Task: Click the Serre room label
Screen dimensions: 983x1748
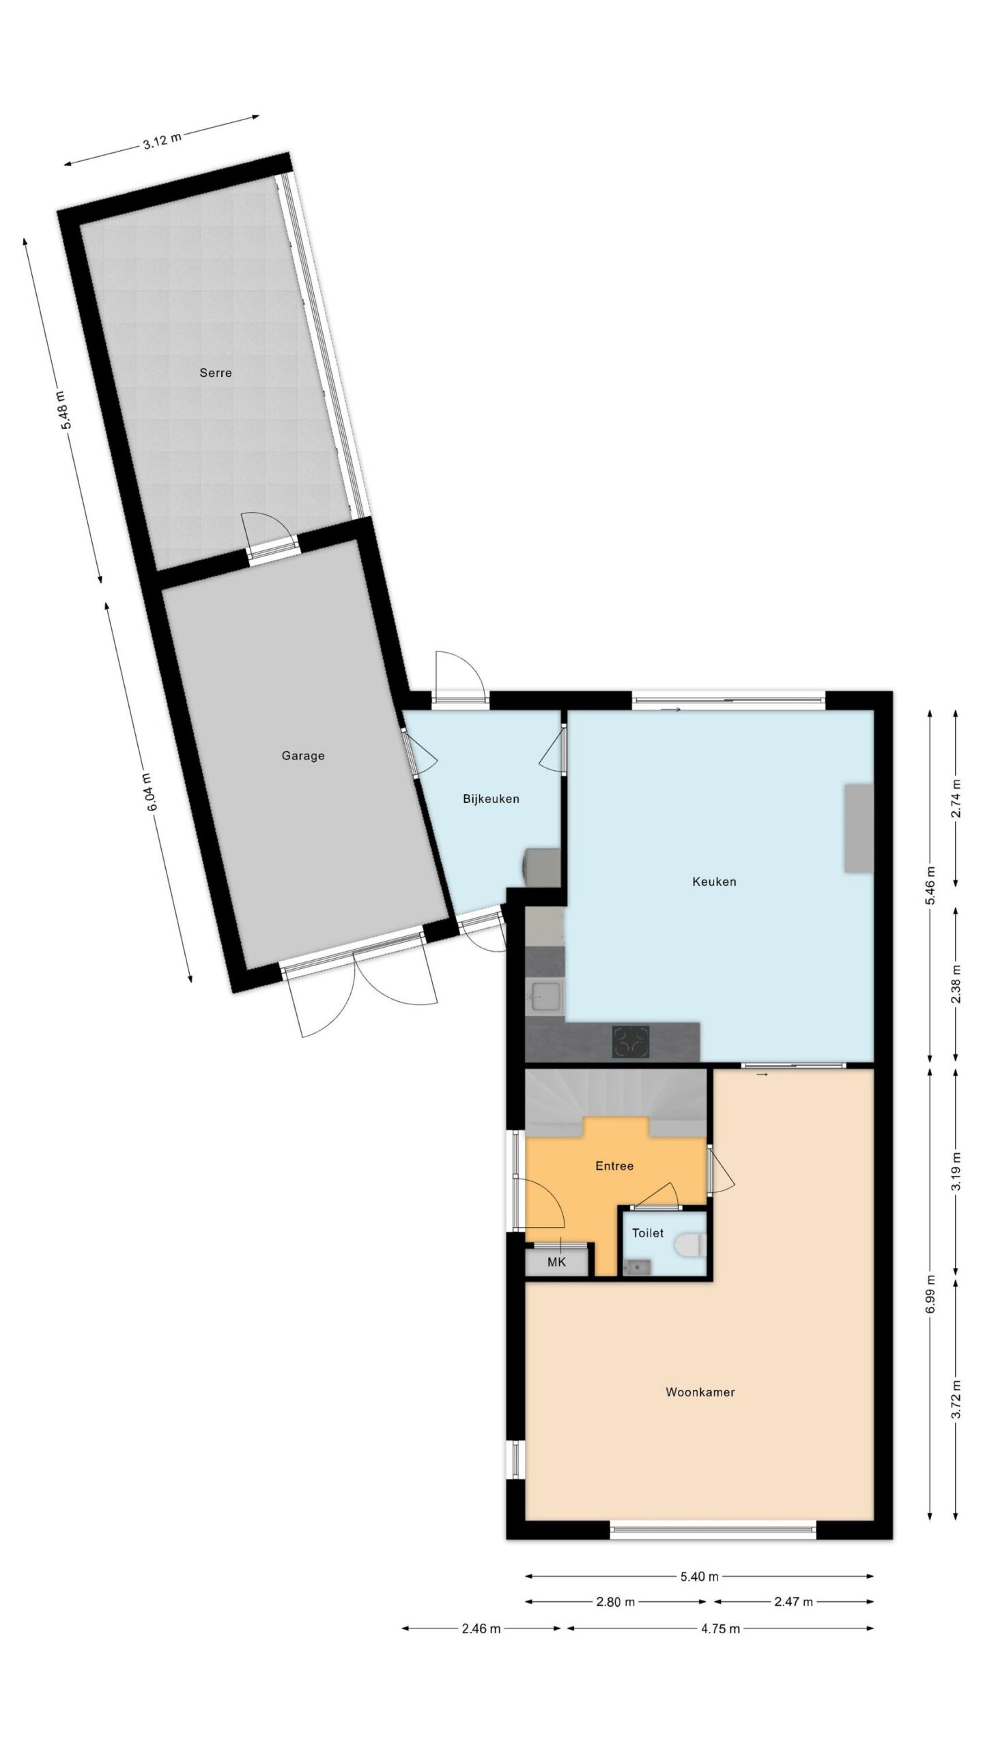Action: pyautogui.click(x=216, y=373)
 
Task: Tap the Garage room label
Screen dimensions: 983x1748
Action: pyautogui.click(x=303, y=756)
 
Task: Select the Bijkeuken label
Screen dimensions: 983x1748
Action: pyautogui.click(x=491, y=799)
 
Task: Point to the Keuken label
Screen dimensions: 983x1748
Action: pyautogui.click(x=714, y=882)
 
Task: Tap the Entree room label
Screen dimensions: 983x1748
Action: pyautogui.click(x=614, y=1166)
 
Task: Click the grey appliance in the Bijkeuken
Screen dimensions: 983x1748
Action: pyautogui.click(x=542, y=867)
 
